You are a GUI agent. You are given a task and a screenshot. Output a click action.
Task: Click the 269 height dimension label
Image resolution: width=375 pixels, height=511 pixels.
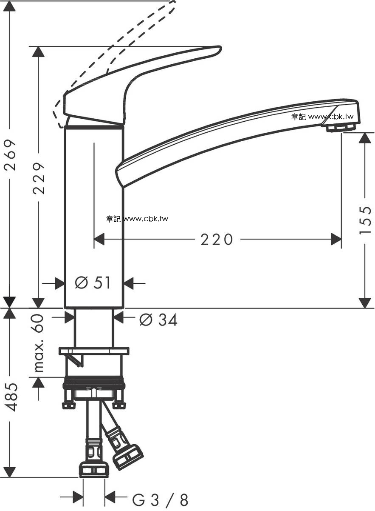[11, 155]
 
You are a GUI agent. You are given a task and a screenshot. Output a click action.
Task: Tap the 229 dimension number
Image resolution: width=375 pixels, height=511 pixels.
[39, 178]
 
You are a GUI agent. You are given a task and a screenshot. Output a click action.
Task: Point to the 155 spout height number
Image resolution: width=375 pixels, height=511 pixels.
[365, 220]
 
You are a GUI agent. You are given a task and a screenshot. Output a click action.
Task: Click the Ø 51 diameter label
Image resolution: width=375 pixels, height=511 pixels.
[93, 283]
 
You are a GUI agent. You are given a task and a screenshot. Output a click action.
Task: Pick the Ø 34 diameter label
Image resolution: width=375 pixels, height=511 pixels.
[158, 320]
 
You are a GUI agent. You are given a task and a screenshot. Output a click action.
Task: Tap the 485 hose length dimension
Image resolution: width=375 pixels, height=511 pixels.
[11, 397]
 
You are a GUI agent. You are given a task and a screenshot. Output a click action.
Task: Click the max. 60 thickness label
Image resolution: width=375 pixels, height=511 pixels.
[38, 343]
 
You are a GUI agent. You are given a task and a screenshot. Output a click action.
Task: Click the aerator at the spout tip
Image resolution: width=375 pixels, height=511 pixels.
[341, 128]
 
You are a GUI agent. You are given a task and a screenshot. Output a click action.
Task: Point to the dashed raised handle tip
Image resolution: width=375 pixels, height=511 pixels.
[172, 5]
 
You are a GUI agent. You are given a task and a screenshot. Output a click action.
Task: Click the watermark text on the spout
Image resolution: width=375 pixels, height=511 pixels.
[323, 117]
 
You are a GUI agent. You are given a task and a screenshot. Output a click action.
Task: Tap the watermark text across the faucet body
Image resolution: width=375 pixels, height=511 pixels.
[137, 219]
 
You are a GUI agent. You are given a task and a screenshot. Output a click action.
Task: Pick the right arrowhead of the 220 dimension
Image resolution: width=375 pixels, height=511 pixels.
[336, 240]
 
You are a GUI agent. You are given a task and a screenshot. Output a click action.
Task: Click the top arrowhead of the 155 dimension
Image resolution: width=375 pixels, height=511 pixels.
[365, 138]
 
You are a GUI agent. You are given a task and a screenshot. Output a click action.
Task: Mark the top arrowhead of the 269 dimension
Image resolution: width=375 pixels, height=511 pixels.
[9, 6]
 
